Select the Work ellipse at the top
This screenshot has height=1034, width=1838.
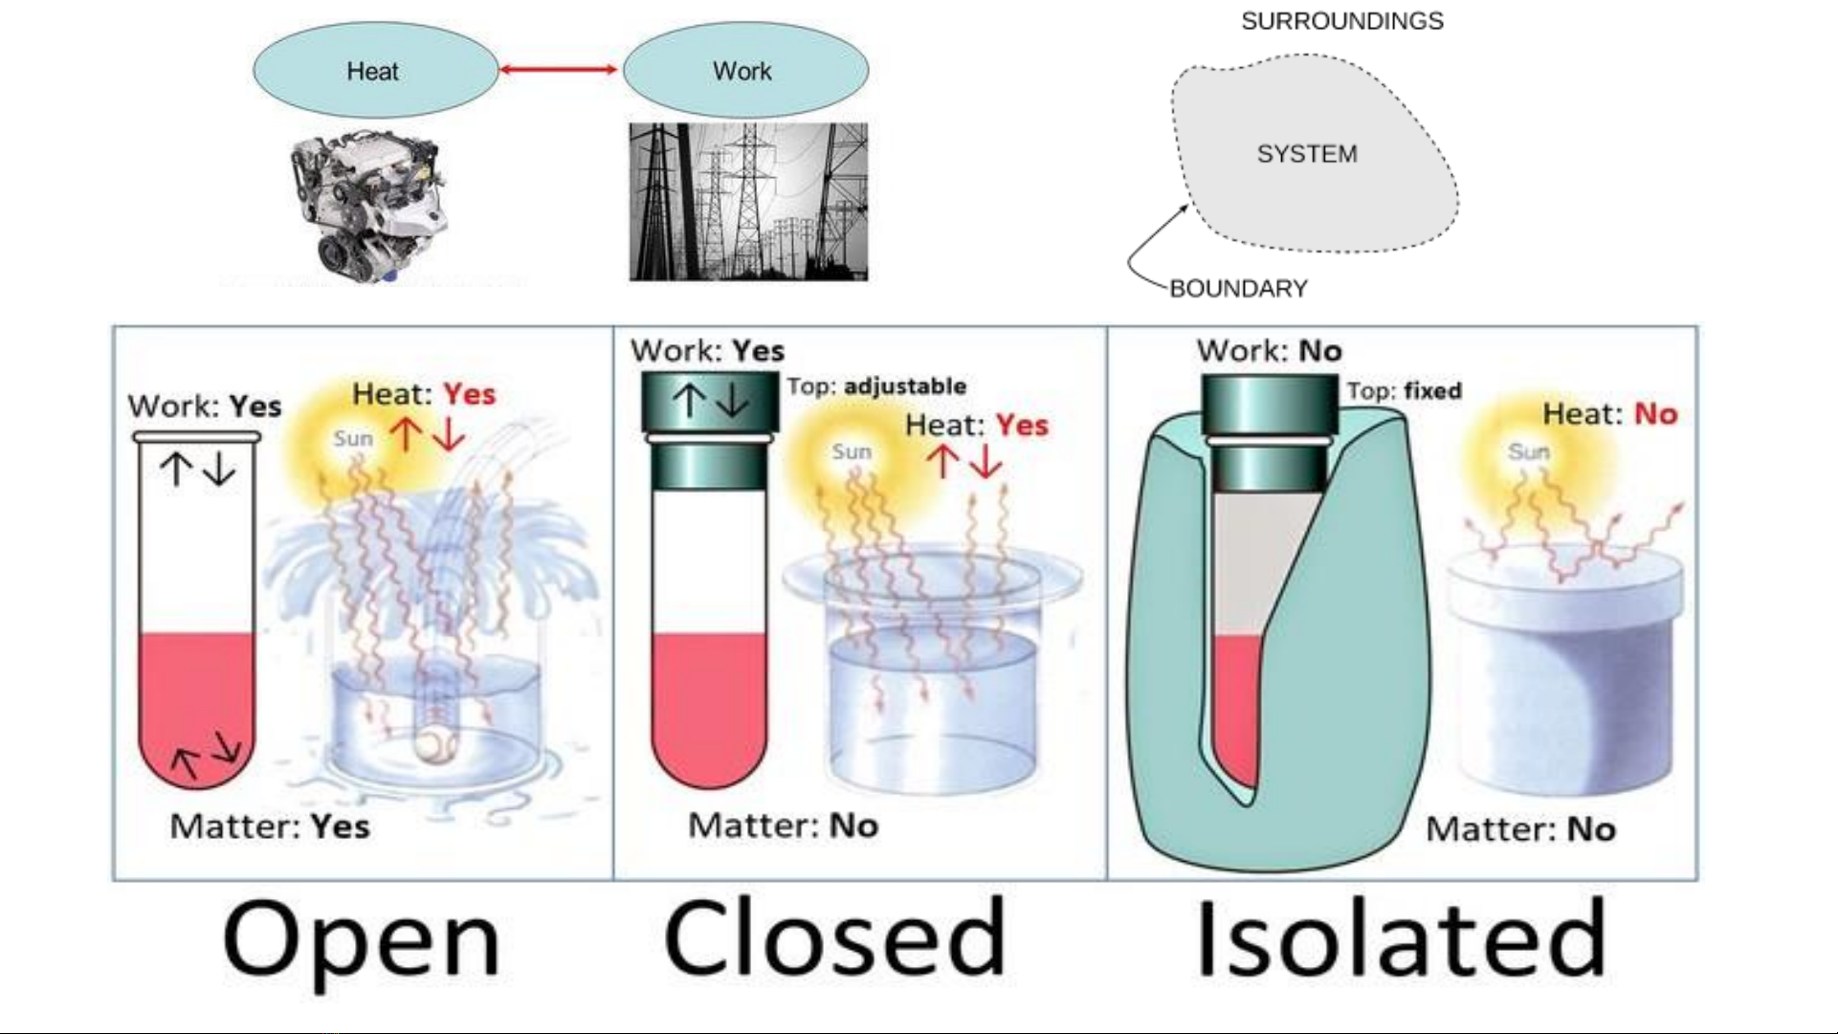(x=745, y=71)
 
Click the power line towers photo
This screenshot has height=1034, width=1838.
(x=748, y=202)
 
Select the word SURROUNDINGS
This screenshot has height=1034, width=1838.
(x=1341, y=21)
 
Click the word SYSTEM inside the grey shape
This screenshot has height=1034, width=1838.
(x=1306, y=154)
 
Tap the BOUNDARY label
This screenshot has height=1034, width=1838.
(x=1238, y=289)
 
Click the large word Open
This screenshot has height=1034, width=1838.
(x=362, y=940)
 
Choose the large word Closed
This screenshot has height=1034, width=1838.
(x=834, y=940)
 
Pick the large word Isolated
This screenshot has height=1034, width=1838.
(x=1401, y=940)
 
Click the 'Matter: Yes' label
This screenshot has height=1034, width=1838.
(x=270, y=826)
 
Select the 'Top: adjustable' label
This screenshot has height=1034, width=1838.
(x=876, y=386)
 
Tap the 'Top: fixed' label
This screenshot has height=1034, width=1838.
(x=1405, y=391)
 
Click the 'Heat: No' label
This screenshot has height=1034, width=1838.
(x=1610, y=414)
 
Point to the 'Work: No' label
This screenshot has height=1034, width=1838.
(x=1269, y=351)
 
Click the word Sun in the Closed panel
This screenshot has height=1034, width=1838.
(x=852, y=451)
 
